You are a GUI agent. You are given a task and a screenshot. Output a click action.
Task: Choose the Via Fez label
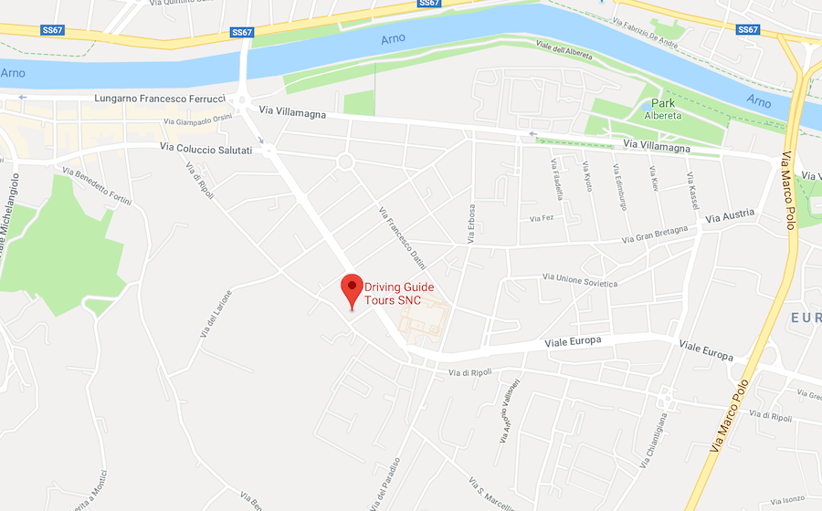point(542,218)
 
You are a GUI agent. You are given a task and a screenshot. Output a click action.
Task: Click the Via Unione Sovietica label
point(580,279)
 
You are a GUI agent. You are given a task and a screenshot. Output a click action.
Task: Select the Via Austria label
point(730,214)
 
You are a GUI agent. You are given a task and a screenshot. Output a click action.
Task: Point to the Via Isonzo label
point(786,499)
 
